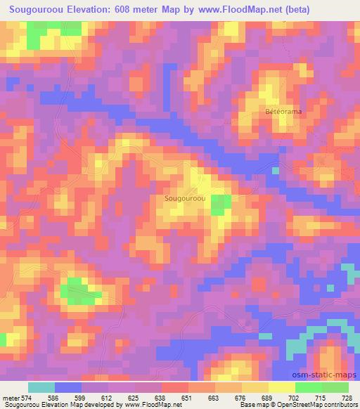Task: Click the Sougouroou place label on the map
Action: pyautogui.click(x=185, y=199)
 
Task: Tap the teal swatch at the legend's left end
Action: pyautogui.click(x=41, y=387)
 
